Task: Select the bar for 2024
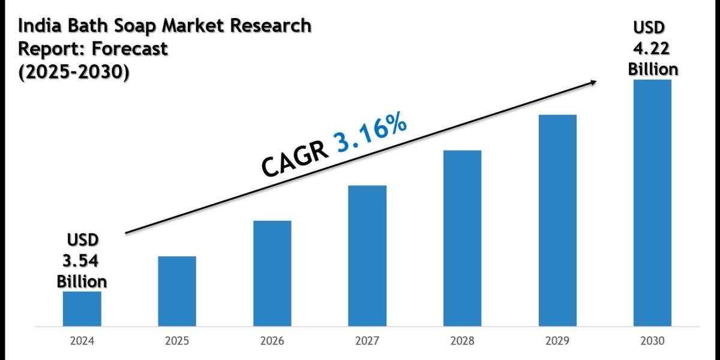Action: pos(82,308)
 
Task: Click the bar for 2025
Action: pos(177,291)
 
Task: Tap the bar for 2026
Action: pos(272,273)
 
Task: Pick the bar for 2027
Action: pos(367,256)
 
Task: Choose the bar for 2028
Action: pos(462,238)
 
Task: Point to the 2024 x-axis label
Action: pos(82,341)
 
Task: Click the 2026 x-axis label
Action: pos(272,341)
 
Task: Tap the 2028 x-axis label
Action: pos(462,341)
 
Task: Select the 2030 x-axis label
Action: pos(652,341)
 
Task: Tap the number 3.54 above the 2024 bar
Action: pos(82,261)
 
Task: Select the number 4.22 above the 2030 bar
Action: pos(653,49)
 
